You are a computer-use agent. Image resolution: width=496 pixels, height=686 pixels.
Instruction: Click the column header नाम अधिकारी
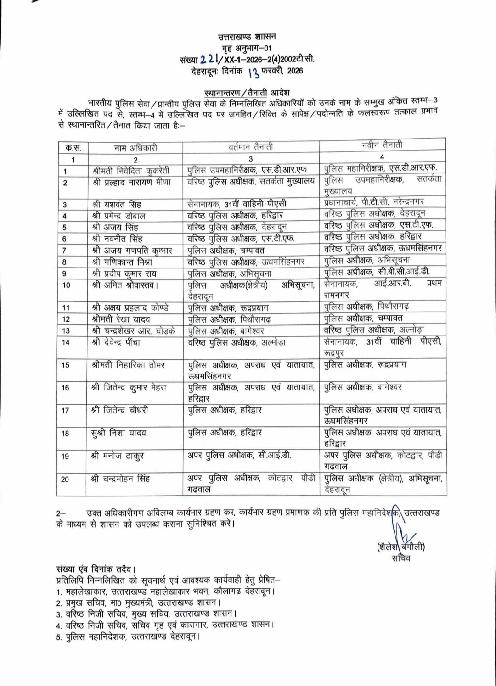tap(136, 147)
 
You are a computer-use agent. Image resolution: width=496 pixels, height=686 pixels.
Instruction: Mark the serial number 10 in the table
tap(66, 285)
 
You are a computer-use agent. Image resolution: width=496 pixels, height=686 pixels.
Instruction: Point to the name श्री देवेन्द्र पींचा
tap(116, 342)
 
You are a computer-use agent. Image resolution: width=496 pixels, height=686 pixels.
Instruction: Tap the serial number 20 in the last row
tap(65, 479)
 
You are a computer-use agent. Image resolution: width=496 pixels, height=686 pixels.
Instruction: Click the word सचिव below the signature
tap(401, 558)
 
